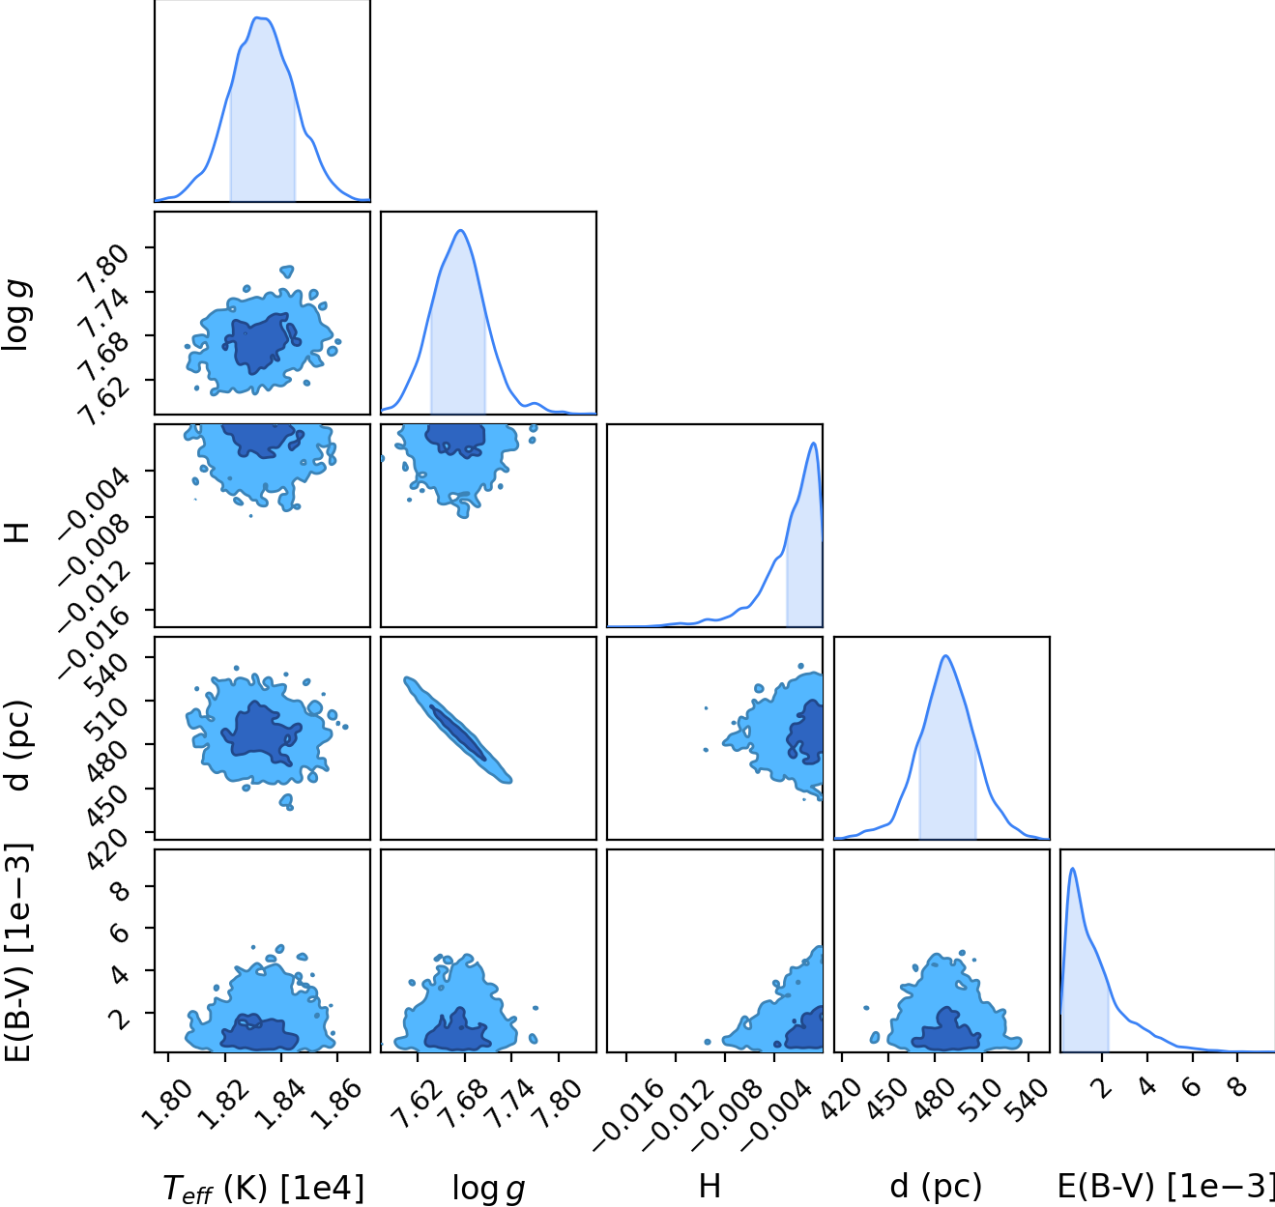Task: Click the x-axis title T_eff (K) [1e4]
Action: click(263, 1189)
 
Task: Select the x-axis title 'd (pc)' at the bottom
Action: click(935, 1186)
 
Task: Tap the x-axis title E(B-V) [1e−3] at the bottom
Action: click(1166, 1186)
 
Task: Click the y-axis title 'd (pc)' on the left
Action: click(19, 745)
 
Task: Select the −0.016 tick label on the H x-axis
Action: click(630, 1114)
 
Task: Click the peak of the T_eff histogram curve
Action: click(259, 17)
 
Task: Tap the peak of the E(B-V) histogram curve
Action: click(1073, 868)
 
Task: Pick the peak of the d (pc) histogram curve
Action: click(945, 656)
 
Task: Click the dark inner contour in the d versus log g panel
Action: click(458, 733)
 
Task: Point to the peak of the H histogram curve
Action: click(813, 443)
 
